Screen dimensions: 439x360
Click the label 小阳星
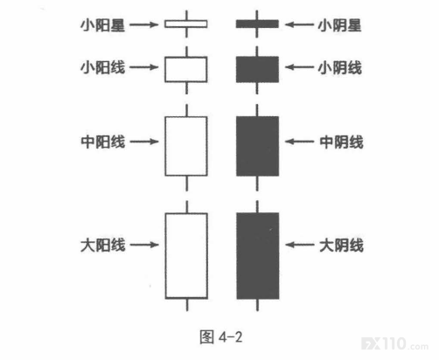click(102, 25)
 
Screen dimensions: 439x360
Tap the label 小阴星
click(339, 25)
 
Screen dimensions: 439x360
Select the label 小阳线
click(102, 67)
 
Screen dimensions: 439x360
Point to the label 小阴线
click(340, 68)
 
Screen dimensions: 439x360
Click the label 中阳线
click(103, 142)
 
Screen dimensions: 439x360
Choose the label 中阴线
click(341, 142)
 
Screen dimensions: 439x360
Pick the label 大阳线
click(103, 245)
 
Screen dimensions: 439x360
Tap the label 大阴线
click(341, 245)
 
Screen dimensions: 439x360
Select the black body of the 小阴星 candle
click(257, 24)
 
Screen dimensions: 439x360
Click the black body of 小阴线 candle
click(257, 69)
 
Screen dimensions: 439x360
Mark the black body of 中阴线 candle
click(257, 146)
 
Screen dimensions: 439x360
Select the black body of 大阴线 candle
click(258, 256)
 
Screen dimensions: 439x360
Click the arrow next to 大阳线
click(144, 245)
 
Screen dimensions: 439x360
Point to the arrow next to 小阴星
click(299, 24)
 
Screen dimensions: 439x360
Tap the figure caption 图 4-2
click(221, 337)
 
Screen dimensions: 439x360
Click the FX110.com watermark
click(394, 343)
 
